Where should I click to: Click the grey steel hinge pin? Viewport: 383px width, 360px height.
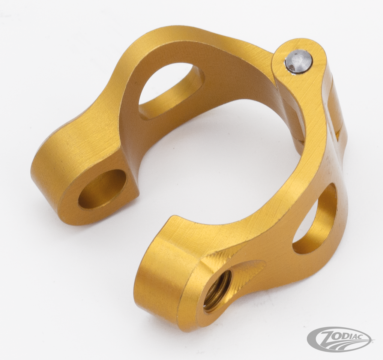pos(296,61)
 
